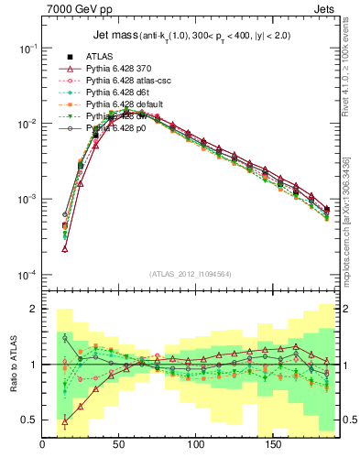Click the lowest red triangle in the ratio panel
point(65,422)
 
